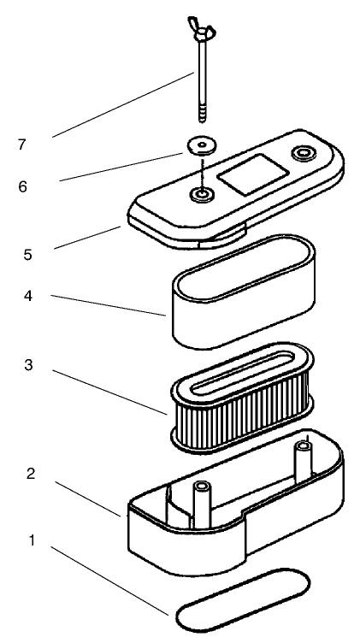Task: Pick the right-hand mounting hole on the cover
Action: click(304, 155)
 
